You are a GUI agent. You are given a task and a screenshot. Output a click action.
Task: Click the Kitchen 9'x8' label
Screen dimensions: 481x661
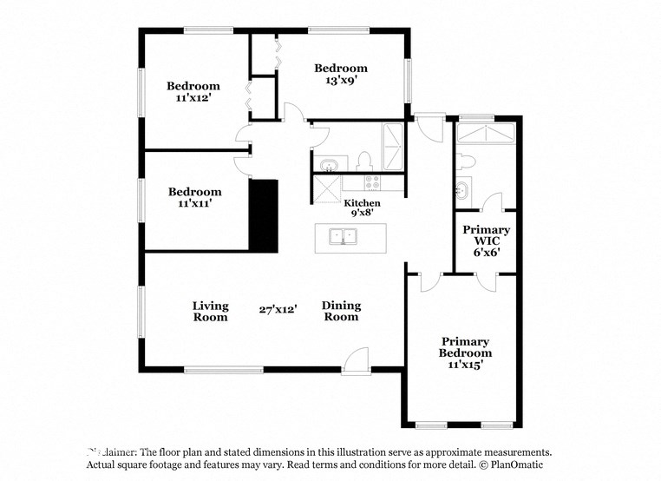tap(362, 208)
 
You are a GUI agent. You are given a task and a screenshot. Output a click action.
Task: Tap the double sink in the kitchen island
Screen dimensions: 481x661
tap(344, 235)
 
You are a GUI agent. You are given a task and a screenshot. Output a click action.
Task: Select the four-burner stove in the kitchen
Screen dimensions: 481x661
tap(372, 182)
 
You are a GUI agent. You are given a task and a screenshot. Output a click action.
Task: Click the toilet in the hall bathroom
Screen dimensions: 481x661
tap(364, 161)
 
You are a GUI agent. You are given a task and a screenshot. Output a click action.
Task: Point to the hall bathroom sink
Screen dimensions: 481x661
tap(329, 164)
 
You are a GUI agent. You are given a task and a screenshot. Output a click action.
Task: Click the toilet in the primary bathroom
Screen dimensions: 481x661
tap(466, 161)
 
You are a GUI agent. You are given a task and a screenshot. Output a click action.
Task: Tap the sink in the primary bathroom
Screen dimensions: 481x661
tap(462, 189)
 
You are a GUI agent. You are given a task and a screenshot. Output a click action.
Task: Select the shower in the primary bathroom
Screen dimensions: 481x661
tap(486, 133)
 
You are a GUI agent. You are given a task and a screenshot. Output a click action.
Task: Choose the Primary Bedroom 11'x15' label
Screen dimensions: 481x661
tap(465, 353)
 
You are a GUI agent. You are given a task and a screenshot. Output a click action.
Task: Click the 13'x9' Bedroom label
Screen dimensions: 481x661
tap(340, 74)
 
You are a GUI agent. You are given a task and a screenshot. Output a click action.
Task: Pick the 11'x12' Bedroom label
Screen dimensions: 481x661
tap(193, 92)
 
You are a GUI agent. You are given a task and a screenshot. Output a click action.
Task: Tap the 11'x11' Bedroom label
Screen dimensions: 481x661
tap(194, 197)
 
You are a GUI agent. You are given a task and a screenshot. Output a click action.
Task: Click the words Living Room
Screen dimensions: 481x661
tap(210, 311)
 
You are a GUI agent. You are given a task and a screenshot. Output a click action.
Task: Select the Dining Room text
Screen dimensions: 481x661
tap(341, 311)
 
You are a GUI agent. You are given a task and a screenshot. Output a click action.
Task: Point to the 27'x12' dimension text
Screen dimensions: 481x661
tap(278, 309)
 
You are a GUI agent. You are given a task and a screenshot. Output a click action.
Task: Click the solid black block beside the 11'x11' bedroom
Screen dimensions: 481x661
tap(264, 216)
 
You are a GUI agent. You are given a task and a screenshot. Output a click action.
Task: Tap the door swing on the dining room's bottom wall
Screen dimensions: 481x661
tap(356, 359)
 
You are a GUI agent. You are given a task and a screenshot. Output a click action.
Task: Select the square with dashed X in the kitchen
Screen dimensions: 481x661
tap(327, 189)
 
